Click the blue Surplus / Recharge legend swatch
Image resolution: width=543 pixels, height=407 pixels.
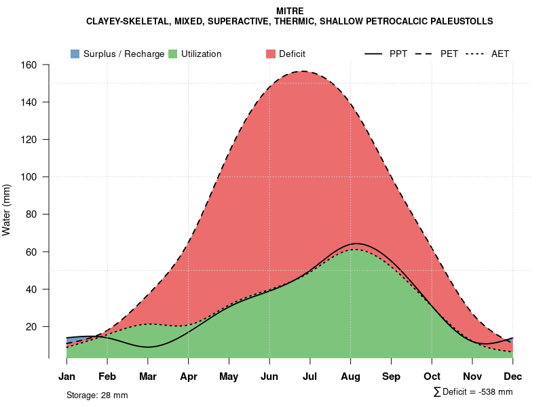[x=75, y=54]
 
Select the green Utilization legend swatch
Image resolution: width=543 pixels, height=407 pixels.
[x=173, y=54]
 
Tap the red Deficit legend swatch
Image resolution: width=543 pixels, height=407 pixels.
[x=270, y=54]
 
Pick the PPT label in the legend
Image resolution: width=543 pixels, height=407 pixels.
[x=398, y=54]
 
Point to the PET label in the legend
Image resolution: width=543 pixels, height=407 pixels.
[x=449, y=54]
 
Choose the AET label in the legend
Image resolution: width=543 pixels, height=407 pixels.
[x=500, y=54]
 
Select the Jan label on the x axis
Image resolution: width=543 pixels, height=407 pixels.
[x=67, y=376]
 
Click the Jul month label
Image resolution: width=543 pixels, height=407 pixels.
[x=310, y=376]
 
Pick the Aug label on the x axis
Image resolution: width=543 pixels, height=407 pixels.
[x=350, y=376]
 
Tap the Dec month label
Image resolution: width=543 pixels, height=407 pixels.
[x=513, y=376]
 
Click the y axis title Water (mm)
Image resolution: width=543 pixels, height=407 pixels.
[x=7, y=210]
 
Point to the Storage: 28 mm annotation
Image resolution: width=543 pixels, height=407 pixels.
[x=97, y=395]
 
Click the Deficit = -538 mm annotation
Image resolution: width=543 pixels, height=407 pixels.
[x=473, y=392]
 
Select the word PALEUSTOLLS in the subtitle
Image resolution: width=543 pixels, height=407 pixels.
[x=457, y=22]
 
